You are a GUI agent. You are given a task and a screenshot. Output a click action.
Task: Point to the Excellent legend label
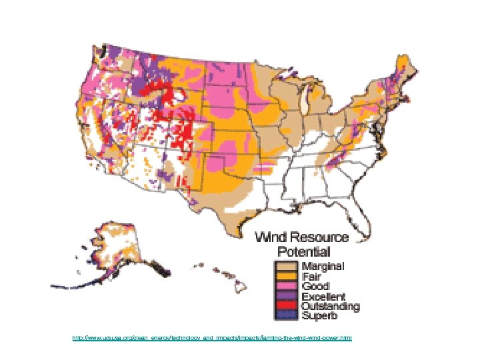323,296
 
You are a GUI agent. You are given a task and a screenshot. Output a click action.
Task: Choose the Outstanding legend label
330,306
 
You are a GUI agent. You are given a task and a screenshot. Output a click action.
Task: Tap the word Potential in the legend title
303,251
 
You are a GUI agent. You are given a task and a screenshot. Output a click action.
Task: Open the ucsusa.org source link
212,339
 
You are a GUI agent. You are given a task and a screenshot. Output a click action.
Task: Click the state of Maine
404,67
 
